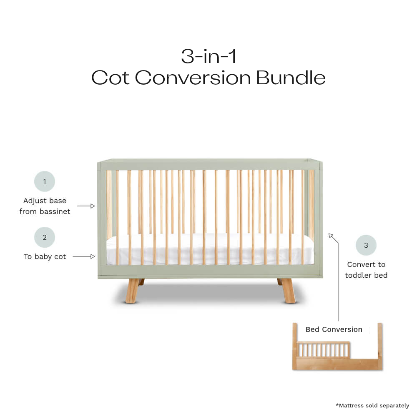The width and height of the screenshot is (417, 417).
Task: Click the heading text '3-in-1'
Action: (x=208, y=56)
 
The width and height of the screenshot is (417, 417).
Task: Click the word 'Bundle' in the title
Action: (x=291, y=78)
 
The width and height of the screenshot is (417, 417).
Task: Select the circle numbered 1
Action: (x=45, y=181)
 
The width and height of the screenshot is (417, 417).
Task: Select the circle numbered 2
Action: (x=45, y=238)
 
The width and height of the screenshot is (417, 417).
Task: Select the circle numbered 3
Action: (x=366, y=245)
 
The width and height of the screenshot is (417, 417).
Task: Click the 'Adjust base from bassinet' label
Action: (x=45, y=206)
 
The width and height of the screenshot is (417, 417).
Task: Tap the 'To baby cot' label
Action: (x=45, y=256)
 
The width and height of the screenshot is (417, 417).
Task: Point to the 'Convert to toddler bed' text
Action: (x=366, y=270)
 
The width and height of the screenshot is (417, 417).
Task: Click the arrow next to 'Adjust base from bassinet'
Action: (x=86, y=206)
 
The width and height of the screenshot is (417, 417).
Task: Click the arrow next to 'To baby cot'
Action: (x=86, y=256)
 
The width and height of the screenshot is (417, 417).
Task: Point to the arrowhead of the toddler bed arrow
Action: (x=331, y=236)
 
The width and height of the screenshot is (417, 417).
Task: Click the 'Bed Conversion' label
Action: (x=334, y=329)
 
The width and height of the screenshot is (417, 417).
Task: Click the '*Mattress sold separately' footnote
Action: (x=372, y=405)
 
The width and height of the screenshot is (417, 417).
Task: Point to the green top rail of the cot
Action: (x=208, y=163)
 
